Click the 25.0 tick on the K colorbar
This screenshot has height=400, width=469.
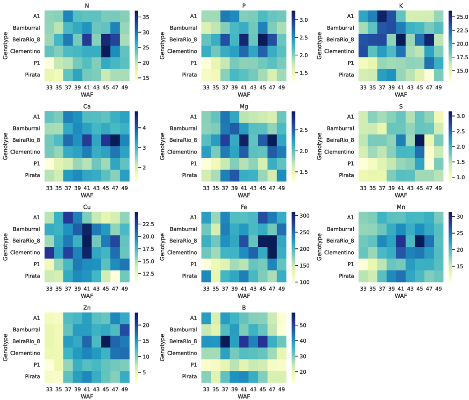pyautogui.click(x=458, y=18)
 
